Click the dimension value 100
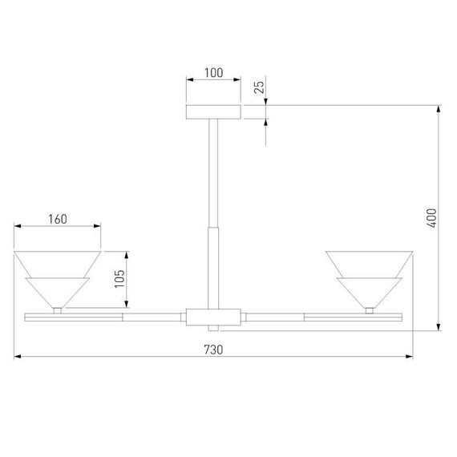pyautogui.click(x=213, y=73)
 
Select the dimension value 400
pyautogui.click(x=432, y=218)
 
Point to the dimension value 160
pyautogui.click(x=56, y=219)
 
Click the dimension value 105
pyautogui.click(x=119, y=277)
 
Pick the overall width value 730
pyautogui.click(x=212, y=350)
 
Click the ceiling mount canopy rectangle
pyautogui.click(x=213, y=111)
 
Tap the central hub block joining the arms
pyautogui.click(x=213, y=316)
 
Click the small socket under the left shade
pyautogui.click(x=57, y=309)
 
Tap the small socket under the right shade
pyautogui.click(x=369, y=309)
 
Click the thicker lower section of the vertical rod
pyautogui.click(x=213, y=265)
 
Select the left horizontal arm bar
pyautogui.click(x=104, y=316)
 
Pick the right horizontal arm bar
pyautogui.click(x=321, y=316)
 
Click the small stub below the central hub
pyautogui.click(x=213, y=328)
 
